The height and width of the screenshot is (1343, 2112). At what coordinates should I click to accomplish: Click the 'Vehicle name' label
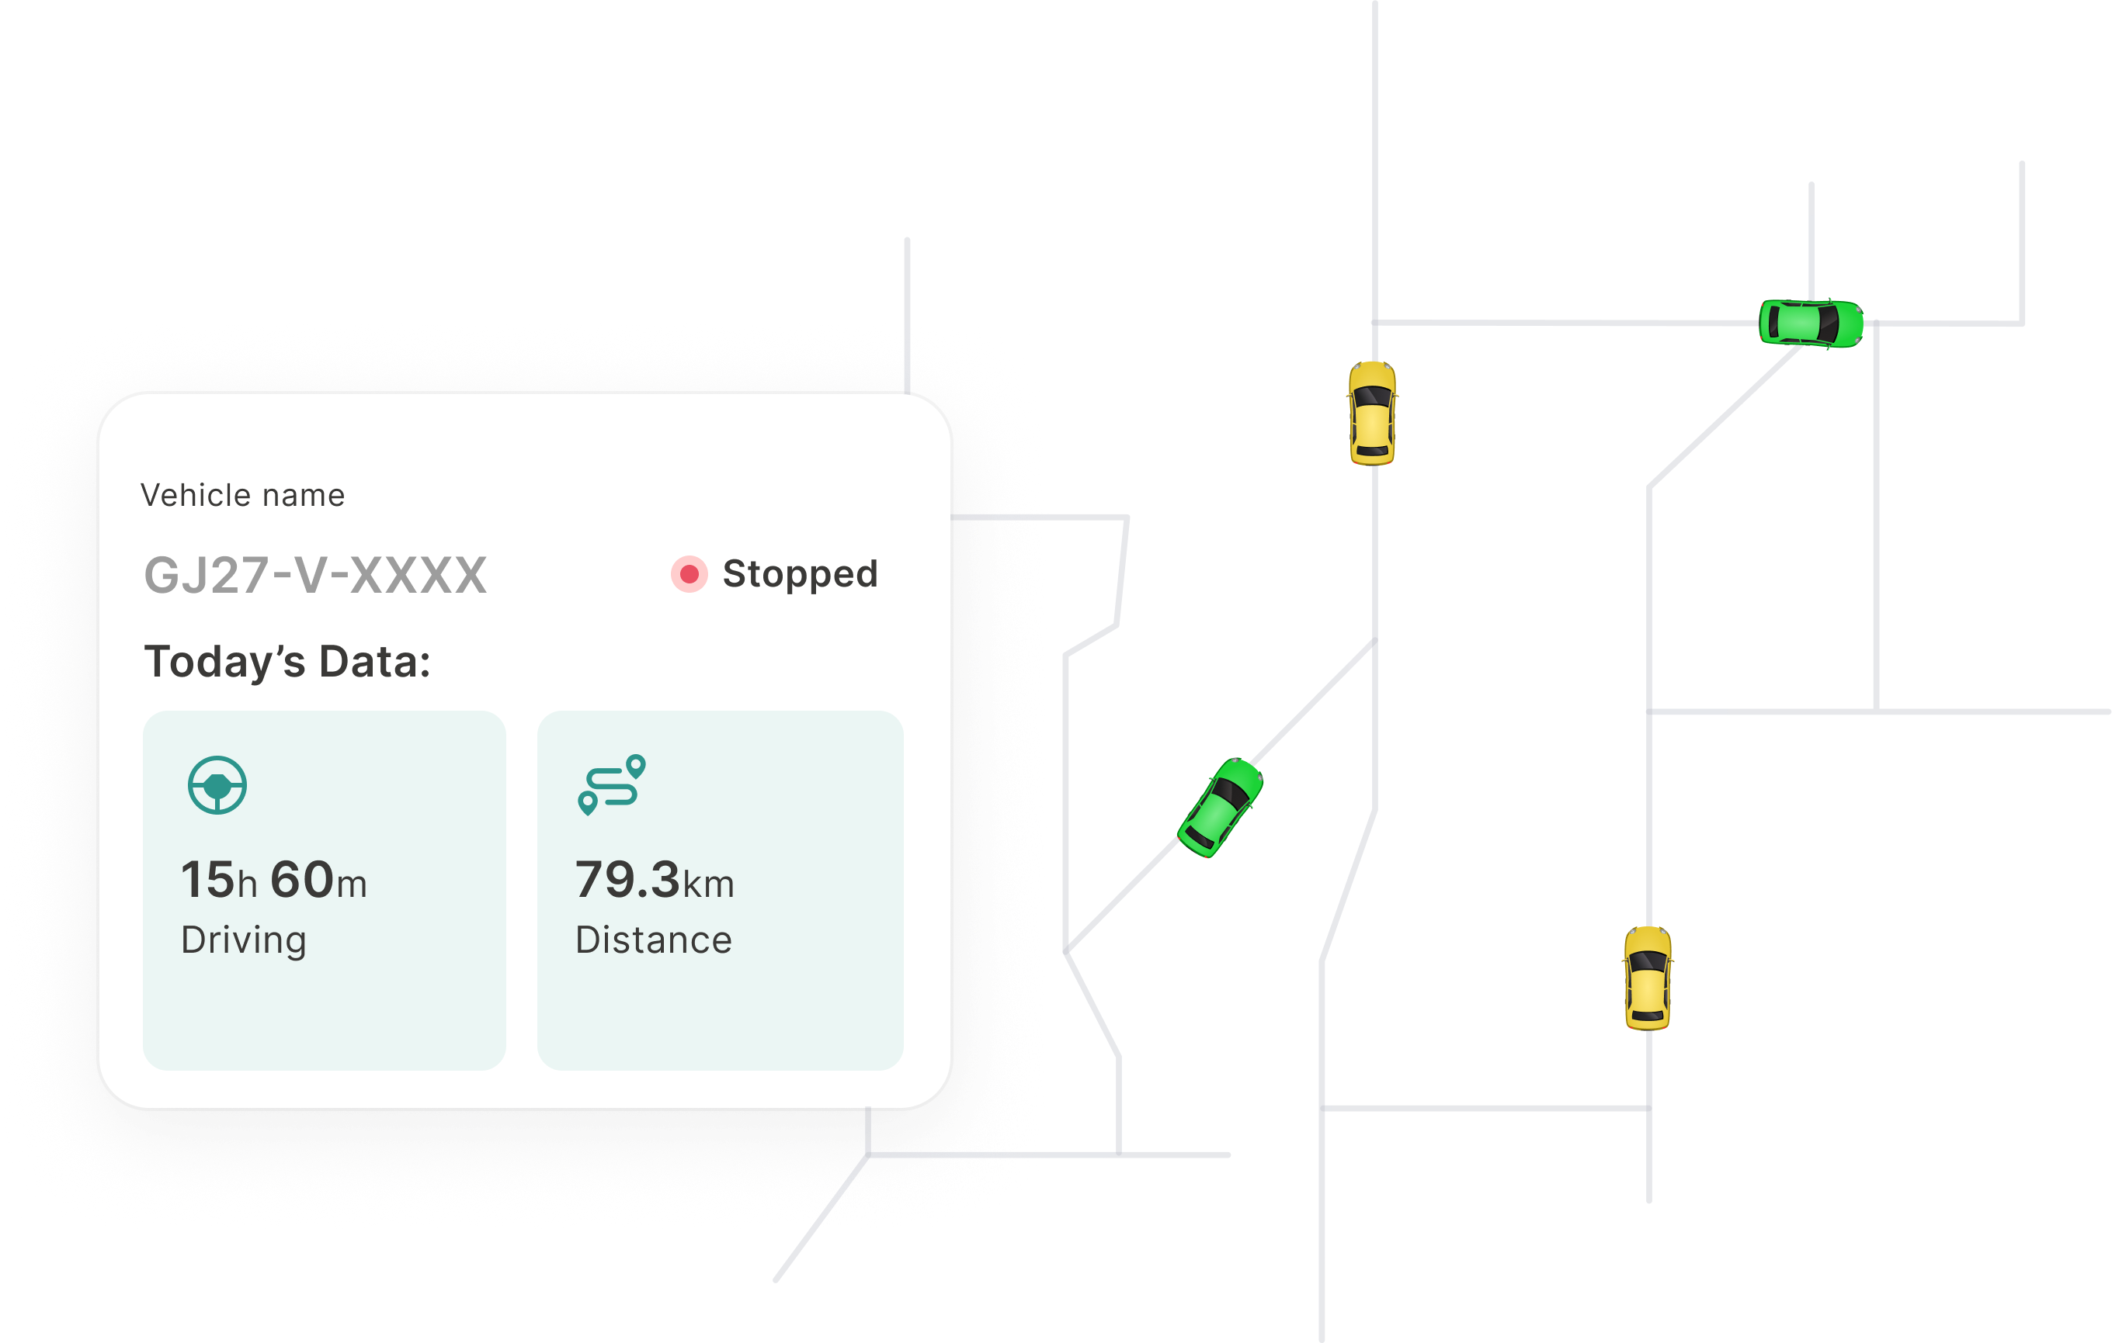tap(242, 495)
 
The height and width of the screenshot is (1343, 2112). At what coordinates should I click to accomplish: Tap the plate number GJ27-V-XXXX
tap(315, 575)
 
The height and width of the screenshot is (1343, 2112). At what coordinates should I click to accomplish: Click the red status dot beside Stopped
tap(690, 574)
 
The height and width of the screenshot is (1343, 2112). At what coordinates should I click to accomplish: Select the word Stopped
tap(800, 574)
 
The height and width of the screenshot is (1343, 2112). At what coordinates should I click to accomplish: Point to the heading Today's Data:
tap(287, 662)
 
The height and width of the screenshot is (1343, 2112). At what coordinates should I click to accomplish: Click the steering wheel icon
tap(217, 784)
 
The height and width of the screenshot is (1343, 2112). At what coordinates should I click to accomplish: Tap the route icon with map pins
tap(612, 784)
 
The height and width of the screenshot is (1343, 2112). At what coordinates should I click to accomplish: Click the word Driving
tap(244, 940)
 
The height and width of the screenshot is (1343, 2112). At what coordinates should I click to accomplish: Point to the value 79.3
tap(627, 879)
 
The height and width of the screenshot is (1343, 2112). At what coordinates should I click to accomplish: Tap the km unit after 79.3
tap(709, 884)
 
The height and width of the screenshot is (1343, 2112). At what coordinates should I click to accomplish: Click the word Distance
tap(654, 940)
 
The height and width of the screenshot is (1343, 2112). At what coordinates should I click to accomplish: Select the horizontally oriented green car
tap(1810, 323)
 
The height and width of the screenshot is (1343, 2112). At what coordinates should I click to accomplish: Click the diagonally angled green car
tap(1220, 808)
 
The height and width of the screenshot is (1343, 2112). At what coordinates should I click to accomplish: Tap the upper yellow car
tap(1373, 413)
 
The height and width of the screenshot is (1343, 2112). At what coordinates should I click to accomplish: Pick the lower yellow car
tap(1647, 978)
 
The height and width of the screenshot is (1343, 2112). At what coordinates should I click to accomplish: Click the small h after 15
tap(248, 884)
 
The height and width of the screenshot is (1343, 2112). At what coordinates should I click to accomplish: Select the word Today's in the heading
tap(224, 662)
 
